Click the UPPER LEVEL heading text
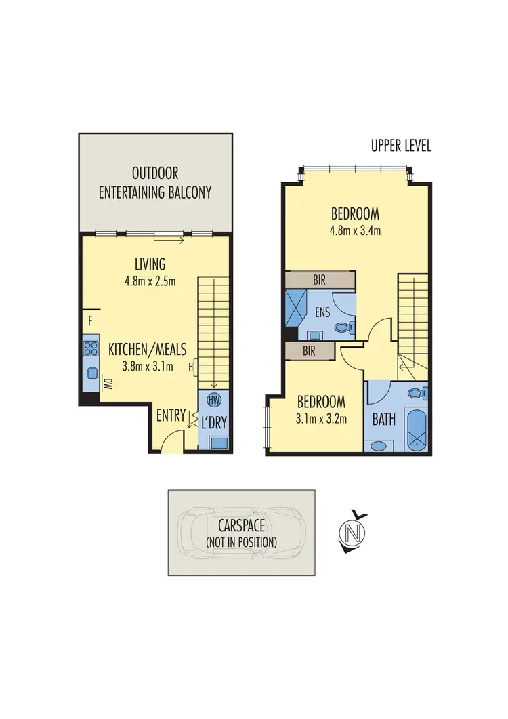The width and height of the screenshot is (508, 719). click(401, 146)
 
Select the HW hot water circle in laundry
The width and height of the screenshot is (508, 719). click(215, 399)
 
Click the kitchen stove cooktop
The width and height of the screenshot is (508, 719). click(90, 350)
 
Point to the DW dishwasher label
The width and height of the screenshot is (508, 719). click(107, 384)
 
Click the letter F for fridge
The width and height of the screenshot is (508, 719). click(89, 320)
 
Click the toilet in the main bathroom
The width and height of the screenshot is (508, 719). click(416, 393)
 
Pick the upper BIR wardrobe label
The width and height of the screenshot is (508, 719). click(320, 279)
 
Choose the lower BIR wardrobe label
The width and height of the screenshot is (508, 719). click(309, 350)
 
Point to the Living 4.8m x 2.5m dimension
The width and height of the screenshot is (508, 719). click(150, 281)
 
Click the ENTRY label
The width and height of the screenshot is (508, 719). click(170, 415)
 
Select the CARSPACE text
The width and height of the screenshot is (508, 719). click(242, 526)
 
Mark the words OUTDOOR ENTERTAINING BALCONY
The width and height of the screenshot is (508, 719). click(155, 183)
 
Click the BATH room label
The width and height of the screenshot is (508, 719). click(383, 419)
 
